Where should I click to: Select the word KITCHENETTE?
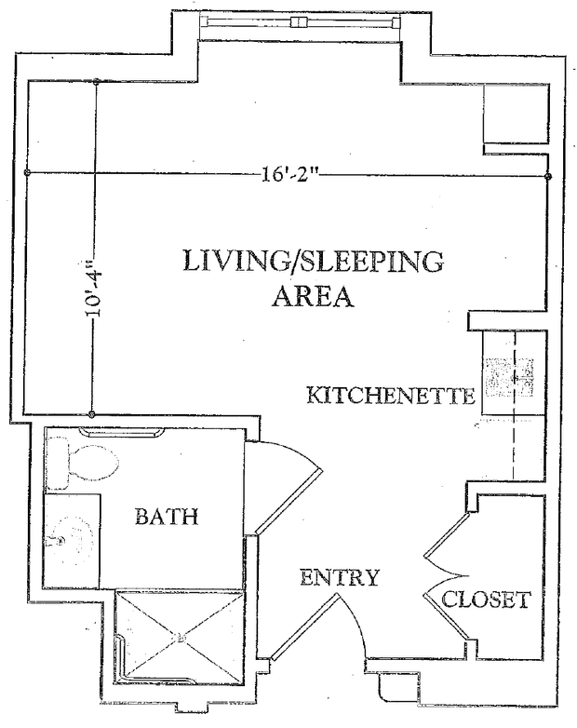pyautogui.click(x=391, y=396)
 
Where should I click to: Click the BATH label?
pyautogui.click(x=167, y=516)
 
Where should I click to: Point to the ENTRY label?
pyautogui.click(x=340, y=577)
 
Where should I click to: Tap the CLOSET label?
pyautogui.click(x=486, y=600)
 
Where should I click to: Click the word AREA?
pyautogui.click(x=313, y=296)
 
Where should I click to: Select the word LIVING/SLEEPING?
pyautogui.click(x=314, y=261)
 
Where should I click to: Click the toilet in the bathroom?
pyautogui.click(x=83, y=463)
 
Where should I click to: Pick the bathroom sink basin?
pyautogui.click(x=71, y=540)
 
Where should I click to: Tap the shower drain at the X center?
pyautogui.click(x=181, y=638)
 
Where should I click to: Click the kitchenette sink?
pyautogui.click(x=509, y=377)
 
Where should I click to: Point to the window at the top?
pyautogui.click(x=300, y=21)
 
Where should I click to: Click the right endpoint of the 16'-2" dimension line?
pyautogui.click(x=548, y=177)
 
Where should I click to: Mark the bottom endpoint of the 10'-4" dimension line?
pyautogui.click(x=92, y=413)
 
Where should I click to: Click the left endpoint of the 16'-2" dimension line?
pyautogui.click(x=26, y=173)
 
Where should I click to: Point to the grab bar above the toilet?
pyautogui.click(x=122, y=432)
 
